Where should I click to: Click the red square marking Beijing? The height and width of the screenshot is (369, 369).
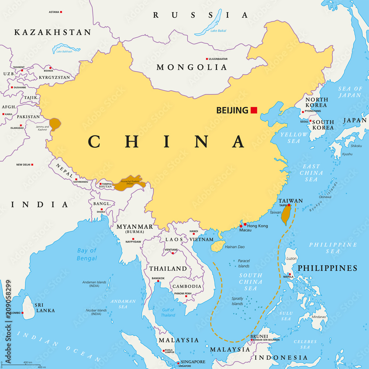point(254,110)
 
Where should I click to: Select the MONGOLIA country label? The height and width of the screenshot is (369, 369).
point(192,67)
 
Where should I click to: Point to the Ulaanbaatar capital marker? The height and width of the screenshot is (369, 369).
point(207,59)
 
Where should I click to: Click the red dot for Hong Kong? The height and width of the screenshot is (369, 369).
point(245,224)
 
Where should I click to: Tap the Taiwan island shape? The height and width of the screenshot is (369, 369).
point(285,215)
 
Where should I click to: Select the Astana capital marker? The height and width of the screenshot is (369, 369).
point(61,12)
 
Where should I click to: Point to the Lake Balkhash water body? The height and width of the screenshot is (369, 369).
point(65,48)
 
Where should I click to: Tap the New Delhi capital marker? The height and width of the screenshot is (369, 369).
point(32,165)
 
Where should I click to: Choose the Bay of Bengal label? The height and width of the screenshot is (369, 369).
point(87,254)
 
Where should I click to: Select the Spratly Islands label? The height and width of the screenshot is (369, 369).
point(237,301)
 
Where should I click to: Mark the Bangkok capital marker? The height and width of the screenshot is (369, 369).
point(158,281)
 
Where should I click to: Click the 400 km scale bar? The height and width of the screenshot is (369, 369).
point(28,365)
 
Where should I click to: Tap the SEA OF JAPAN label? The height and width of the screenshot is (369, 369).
point(350,92)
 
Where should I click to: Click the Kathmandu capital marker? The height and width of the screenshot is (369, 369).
point(76,179)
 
